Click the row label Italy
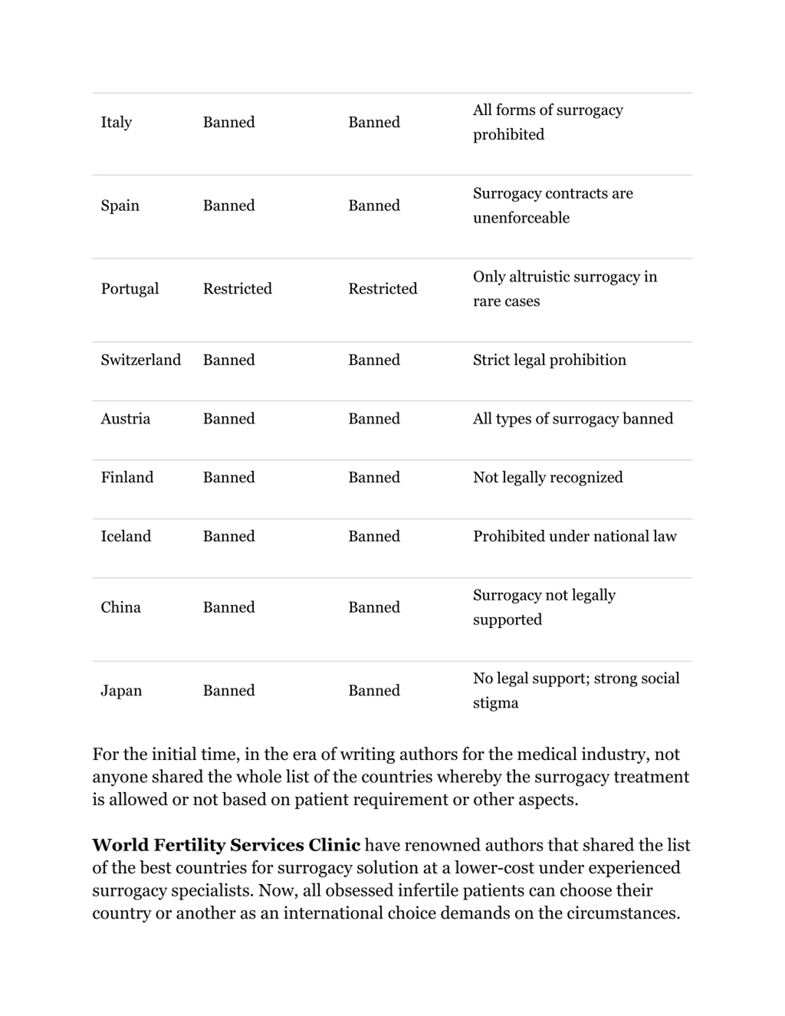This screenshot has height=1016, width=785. [x=116, y=122]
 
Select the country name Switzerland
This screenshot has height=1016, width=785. [x=140, y=360]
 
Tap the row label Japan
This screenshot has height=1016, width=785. [x=121, y=690]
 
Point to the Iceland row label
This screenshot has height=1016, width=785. [x=125, y=536]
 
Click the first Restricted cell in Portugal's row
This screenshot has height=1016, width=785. [x=237, y=289]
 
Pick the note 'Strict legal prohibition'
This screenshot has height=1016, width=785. [x=549, y=360]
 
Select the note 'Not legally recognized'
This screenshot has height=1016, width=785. [x=547, y=477]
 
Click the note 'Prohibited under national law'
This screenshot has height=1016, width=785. [x=574, y=536]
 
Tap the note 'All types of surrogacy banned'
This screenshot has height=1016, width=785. [x=572, y=419]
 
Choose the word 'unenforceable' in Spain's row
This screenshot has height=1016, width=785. [x=521, y=218]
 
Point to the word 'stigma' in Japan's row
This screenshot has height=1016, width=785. [x=495, y=703]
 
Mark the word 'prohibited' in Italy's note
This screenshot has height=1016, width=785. [x=508, y=134]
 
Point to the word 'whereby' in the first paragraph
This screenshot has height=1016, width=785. [x=470, y=777]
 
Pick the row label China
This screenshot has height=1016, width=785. [x=121, y=608]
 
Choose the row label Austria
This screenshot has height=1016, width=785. [x=125, y=419]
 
